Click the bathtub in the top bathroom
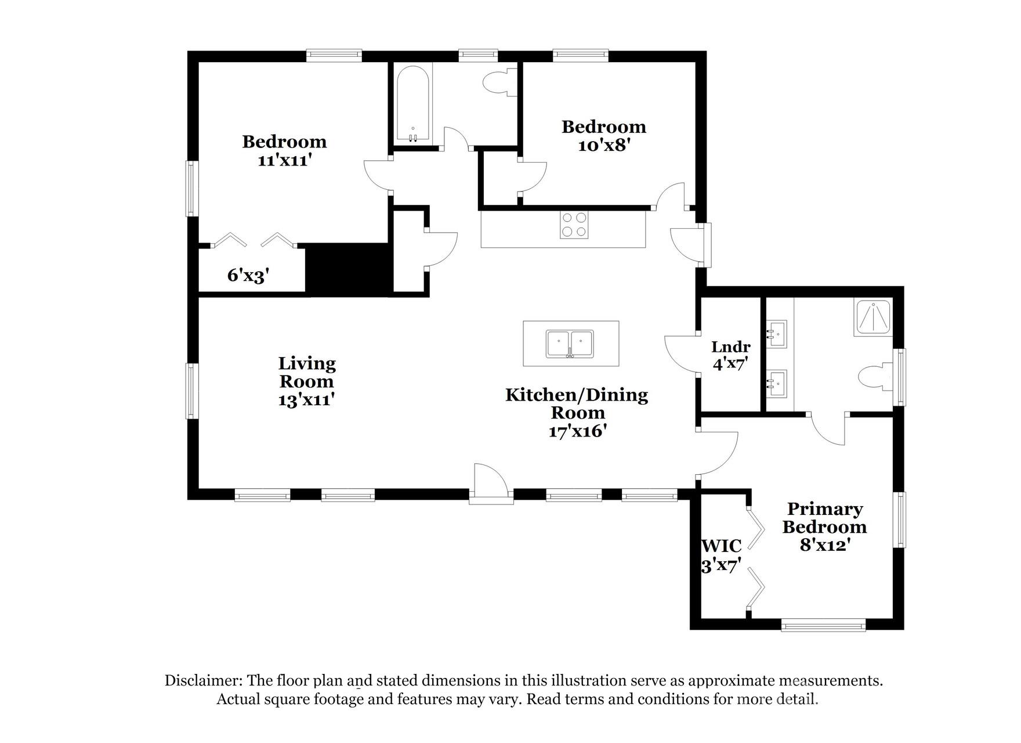point(412,104)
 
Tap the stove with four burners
point(574,225)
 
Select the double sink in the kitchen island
point(570,344)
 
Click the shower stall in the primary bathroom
point(872,317)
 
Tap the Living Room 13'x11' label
point(307,381)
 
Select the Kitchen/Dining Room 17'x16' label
point(577,412)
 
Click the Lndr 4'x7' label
point(730,355)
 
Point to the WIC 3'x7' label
point(721,556)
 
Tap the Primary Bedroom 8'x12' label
point(824,526)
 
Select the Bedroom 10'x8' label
point(603,135)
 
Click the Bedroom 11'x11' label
point(284,150)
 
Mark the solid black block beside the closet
point(348,268)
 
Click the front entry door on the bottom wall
point(491,482)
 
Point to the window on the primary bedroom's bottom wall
point(823,625)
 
